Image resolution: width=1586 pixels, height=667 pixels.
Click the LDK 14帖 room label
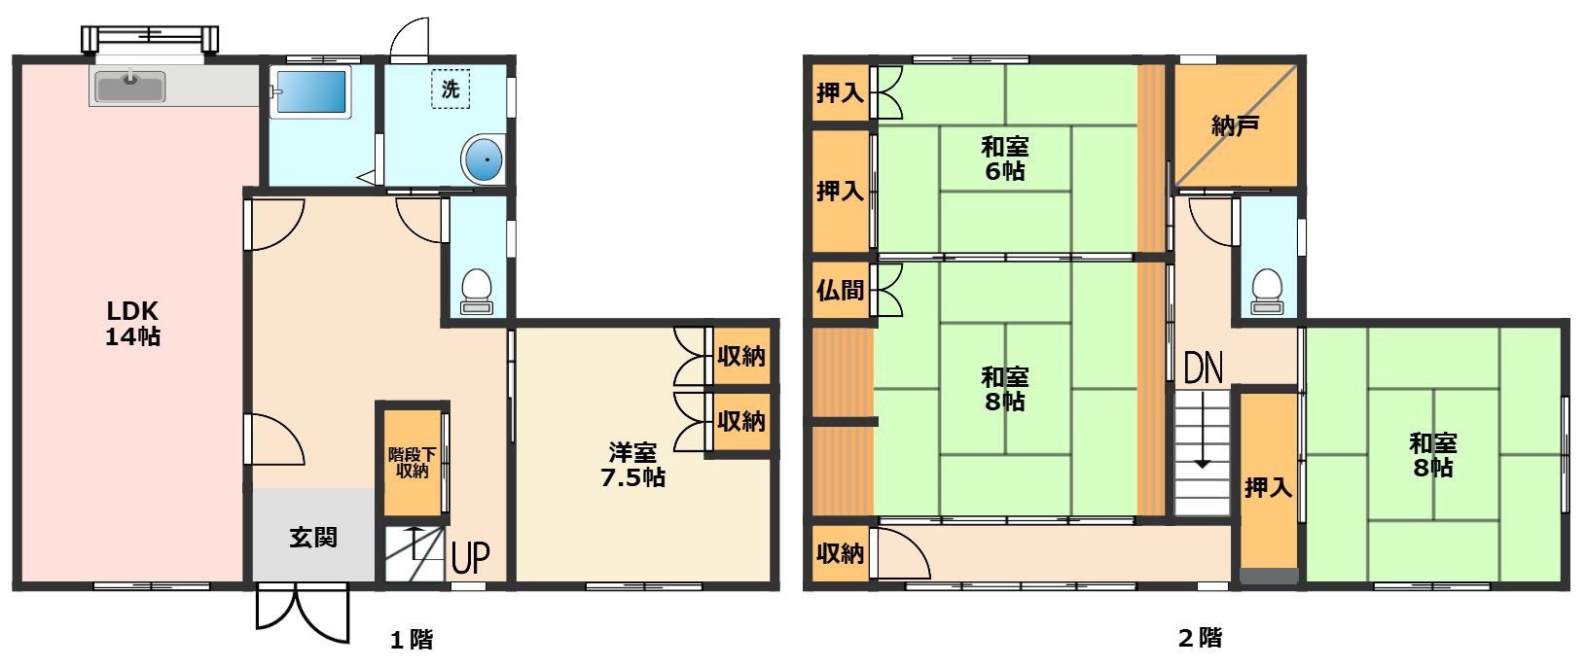tap(132, 323)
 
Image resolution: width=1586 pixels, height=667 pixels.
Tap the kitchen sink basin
tap(130, 87)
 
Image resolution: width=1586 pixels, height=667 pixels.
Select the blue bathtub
tap(310, 91)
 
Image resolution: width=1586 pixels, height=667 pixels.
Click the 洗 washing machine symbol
tap(451, 89)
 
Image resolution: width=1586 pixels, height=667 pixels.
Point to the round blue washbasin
tap(485, 159)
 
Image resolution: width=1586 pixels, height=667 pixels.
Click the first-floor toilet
tap(477, 291)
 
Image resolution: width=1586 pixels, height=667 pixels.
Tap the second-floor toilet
tap(1267, 291)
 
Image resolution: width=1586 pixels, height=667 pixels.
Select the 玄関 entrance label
tap(313, 538)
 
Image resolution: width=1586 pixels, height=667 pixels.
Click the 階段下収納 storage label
tap(413, 463)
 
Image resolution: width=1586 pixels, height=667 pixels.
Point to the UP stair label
tap(471, 557)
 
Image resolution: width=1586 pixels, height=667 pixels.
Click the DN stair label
tap(1204, 368)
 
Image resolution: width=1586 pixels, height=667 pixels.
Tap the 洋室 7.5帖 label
tap(633, 465)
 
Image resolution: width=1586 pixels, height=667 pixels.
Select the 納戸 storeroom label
tap(1235, 125)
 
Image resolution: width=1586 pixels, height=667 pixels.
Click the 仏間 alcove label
tap(840, 290)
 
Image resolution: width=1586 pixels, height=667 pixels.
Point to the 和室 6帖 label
tap(1005, 158)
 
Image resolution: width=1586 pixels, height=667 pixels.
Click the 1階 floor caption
tap(412, 640)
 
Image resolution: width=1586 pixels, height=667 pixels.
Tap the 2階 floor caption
tap(1200, 638)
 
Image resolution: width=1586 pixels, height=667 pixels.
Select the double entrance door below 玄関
tap(303, 612)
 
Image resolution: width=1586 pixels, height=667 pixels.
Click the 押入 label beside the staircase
tap(1268, 486)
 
